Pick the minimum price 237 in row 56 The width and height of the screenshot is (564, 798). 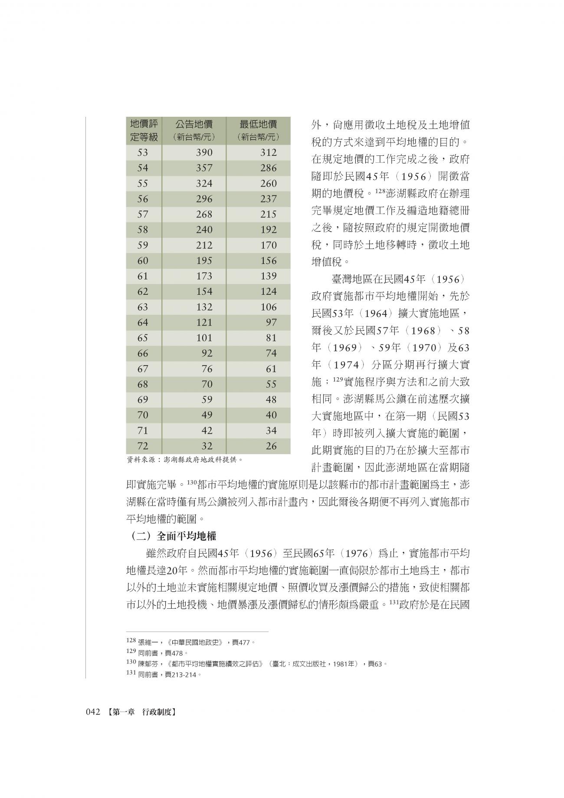(x=268, y=199)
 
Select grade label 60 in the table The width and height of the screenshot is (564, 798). (x=143, y=261)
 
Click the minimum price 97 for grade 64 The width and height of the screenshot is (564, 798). (x=271, y=323)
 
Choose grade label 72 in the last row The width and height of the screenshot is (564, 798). (x=143, y=446)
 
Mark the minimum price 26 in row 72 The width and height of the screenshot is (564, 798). (x=271, y=446)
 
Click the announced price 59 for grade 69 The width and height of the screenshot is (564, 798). (x=207, y=399)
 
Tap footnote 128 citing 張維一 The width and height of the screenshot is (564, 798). (x=191, y=642)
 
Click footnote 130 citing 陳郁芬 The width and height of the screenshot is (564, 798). (x=256, y=664)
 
